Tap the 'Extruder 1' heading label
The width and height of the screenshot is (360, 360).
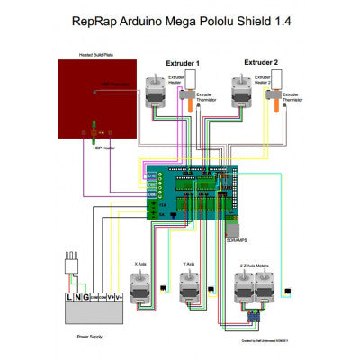(183, 64)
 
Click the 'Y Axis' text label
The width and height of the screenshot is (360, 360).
(188, 265)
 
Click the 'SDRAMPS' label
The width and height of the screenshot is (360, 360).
(237, 241)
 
